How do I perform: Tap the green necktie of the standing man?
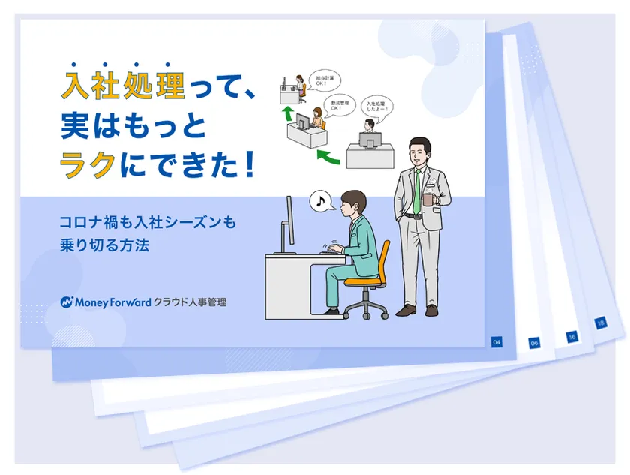(x=417, y=191)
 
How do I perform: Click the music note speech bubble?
(x=322, y=200)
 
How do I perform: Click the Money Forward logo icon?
(x=67, y=302)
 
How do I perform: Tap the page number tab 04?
(x=496, y=342)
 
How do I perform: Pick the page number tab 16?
(x=571, y=338)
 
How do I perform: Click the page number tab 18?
(x=600, y=323)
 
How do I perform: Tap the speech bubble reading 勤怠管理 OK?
(x=341, y=104)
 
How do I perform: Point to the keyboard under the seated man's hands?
(x=331, y=252)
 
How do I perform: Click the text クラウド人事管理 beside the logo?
(x=190, y=302)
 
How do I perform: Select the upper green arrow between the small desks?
(x=285, y=113)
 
